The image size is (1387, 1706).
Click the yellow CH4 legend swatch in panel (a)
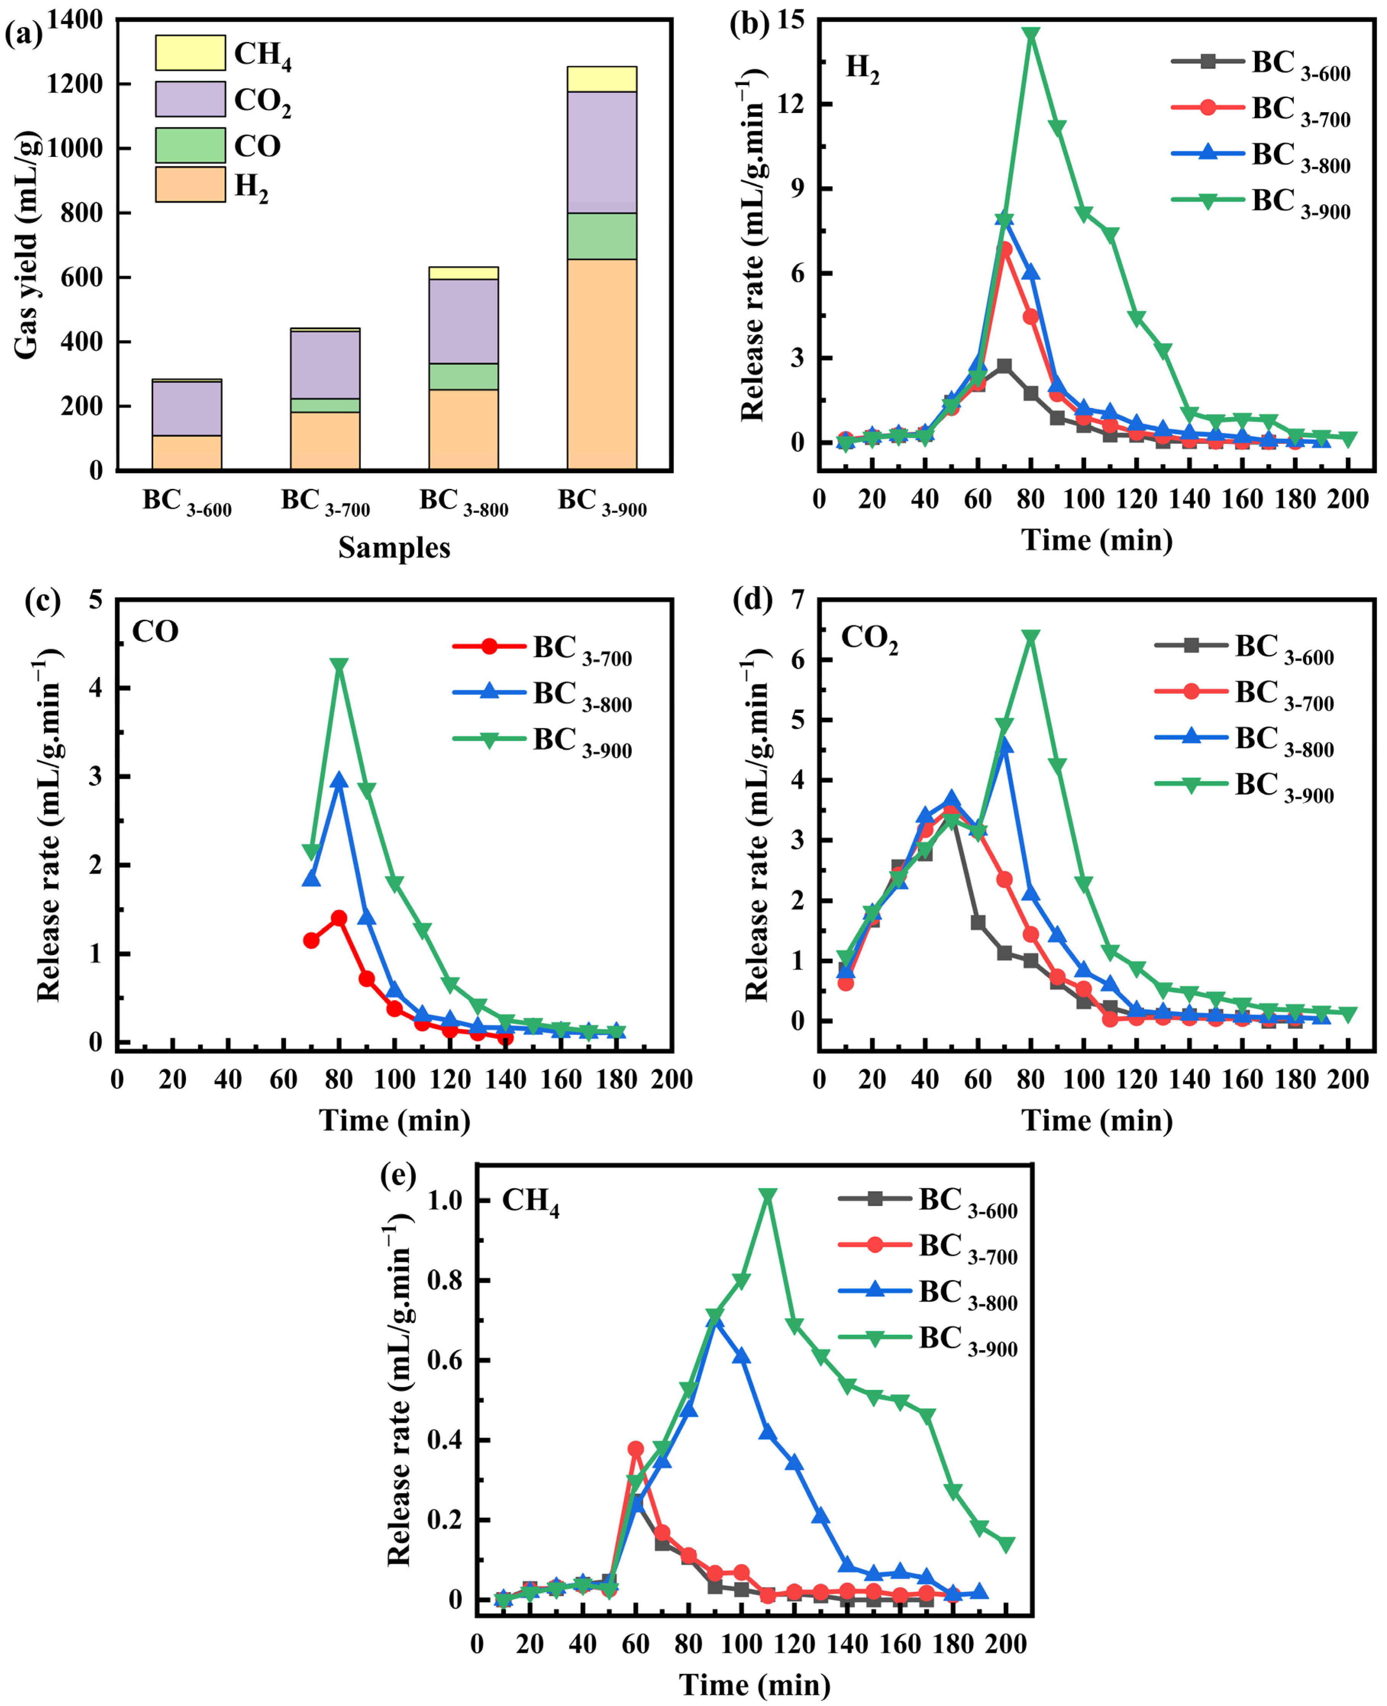[x=190, y=53]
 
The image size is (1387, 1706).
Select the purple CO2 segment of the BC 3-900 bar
[x=602, y=152]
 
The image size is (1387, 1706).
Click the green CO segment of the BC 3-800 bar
[x=463, y=376]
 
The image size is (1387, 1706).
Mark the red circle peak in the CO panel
[x=339, y=918]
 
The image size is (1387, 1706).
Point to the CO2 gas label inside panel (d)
[x=869, y=639]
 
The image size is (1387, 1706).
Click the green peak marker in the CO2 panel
[x=1031, y=638]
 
